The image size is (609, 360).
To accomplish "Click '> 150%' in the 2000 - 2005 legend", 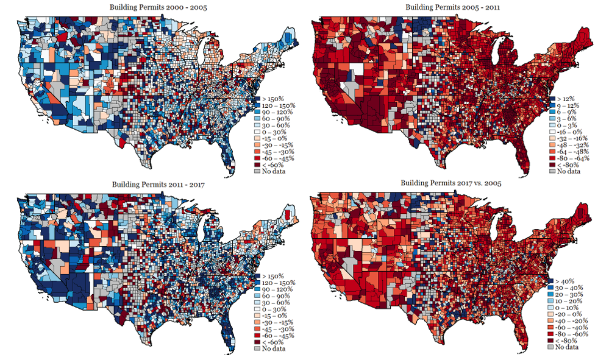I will (271, 99).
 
